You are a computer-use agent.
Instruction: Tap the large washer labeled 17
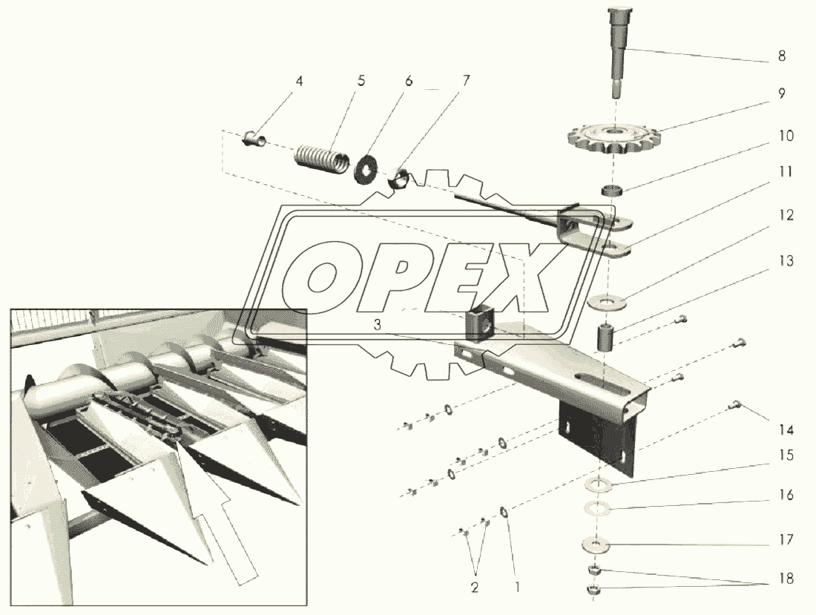pos(596,545)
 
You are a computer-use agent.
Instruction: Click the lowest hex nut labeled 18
pos(594,590)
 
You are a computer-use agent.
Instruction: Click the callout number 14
pos(786,430)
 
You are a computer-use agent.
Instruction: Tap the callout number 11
pos(786,172)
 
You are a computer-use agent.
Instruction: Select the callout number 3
pos(378,325)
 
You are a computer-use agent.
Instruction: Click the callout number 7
pos(466,81)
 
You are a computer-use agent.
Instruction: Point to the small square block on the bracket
pos(479,325)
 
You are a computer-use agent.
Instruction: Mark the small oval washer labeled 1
pos(504,513)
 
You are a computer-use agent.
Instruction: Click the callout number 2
pos(475,588)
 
